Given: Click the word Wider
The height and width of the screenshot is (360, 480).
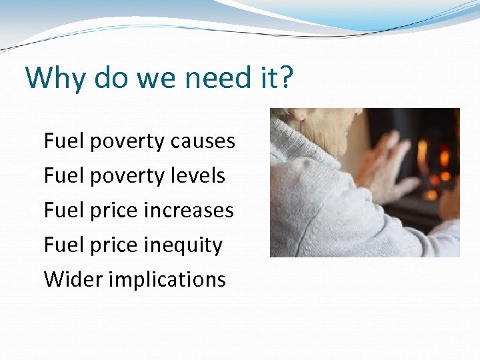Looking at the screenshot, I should pyautogui.click(x=73, y=279).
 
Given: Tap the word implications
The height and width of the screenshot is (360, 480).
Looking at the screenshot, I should pyautogui.click(x=167, y=279).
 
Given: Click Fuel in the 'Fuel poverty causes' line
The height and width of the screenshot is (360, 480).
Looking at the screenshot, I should pyautogui.click(x=63, y=141).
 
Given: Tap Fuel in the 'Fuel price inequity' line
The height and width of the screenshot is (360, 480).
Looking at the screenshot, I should pyautogui.click(x=63, y=245).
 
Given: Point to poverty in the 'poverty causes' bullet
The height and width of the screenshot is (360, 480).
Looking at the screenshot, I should pyautogui.click(x=127, y=141).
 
